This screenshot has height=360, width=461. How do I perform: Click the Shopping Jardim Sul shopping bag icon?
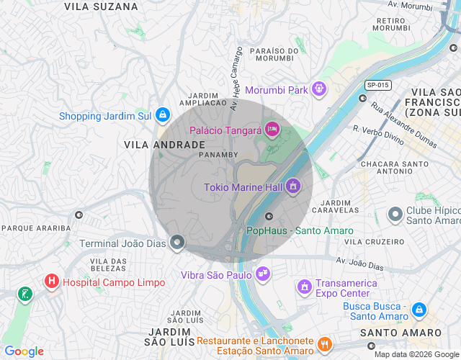click(164, 115)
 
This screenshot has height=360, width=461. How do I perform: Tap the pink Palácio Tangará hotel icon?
click(272, 130)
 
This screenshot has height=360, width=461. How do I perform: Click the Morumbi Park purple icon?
click(319, 90)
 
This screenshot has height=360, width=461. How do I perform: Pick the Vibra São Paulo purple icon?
click(263, 274)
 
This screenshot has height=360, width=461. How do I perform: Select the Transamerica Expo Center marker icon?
click(305, 287)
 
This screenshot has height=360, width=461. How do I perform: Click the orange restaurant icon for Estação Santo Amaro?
click(324, 345)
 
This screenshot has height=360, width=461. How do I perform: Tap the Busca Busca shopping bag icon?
click(419, 310)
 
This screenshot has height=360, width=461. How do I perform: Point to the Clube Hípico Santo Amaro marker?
click(395, 215)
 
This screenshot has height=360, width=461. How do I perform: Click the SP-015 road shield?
click(377, 85)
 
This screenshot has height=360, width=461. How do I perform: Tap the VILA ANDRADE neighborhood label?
click(154, 145)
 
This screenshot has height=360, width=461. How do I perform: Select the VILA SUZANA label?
click(101, 6)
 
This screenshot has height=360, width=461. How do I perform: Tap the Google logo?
click(24, 351)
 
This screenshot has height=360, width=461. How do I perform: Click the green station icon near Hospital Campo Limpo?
click(26, 294)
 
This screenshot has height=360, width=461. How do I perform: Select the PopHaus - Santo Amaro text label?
click(300, 231)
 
